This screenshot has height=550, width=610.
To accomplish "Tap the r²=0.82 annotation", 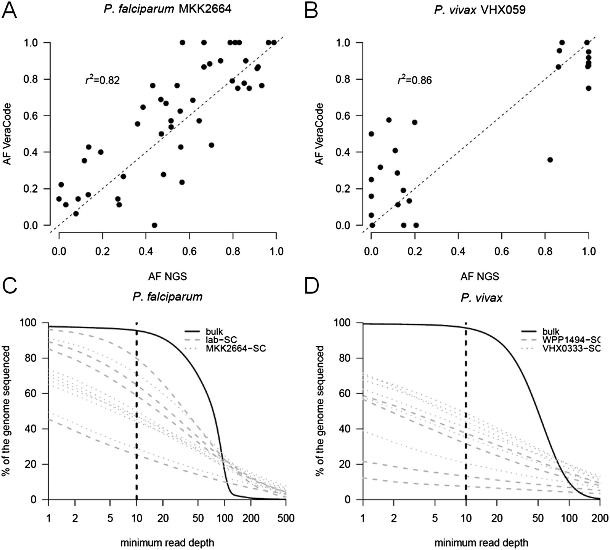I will pos(102,80).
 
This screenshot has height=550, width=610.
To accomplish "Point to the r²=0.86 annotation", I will pos(414,80).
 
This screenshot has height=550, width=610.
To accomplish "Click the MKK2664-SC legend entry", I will pos(236,348).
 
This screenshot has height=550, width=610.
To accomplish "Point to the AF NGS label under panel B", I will pos(480,277).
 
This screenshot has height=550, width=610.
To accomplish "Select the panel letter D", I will pos(311,287).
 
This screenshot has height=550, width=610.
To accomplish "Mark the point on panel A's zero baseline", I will pos(154,225).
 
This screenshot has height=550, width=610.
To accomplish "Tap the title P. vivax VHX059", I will pos(480,9).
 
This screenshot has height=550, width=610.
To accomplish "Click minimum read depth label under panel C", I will pos(167,543).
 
